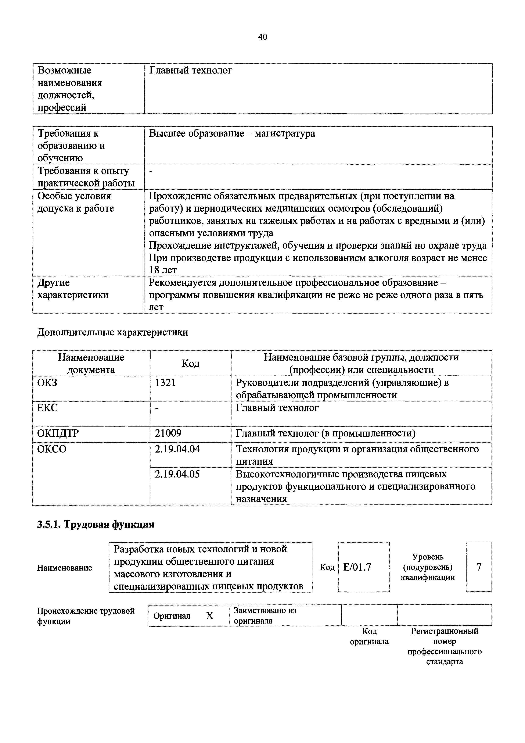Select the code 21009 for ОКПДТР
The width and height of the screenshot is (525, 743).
(168, 433)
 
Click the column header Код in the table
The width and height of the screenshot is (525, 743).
(190, 363)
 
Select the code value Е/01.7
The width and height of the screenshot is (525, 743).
(357, 567)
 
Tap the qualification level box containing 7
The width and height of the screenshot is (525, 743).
(479, 567)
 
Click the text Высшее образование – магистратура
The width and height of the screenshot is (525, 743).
(232, 133)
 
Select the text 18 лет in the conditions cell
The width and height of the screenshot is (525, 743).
(163, 270)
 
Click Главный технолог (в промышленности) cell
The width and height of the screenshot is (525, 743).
(326, 433)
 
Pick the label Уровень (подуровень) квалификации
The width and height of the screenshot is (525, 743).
(428, 567)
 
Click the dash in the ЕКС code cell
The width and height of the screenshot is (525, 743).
(157, 409)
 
